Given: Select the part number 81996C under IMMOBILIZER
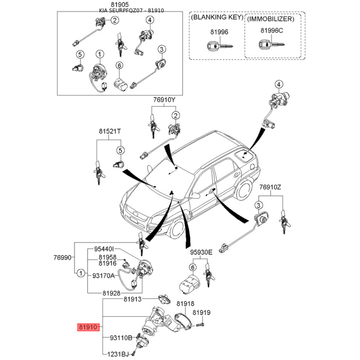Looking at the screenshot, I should tap(272, 31).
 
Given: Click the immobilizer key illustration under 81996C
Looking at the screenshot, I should tap(270, 45).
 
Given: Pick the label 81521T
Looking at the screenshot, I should tap(110, 131).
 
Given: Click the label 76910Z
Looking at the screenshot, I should tap(270, 187).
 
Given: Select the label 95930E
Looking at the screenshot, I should tap(200, 252).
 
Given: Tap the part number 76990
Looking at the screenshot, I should tap(63, 258).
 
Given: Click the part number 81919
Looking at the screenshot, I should tap(202, 312).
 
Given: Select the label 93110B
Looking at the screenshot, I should tap(121, 337).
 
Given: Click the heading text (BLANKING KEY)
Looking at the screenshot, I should tap(217, 18).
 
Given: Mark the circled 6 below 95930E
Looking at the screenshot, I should tap(193, 267).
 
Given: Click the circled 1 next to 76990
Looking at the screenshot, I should tap(80, 273).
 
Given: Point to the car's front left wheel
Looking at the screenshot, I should tap(177, 229).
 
